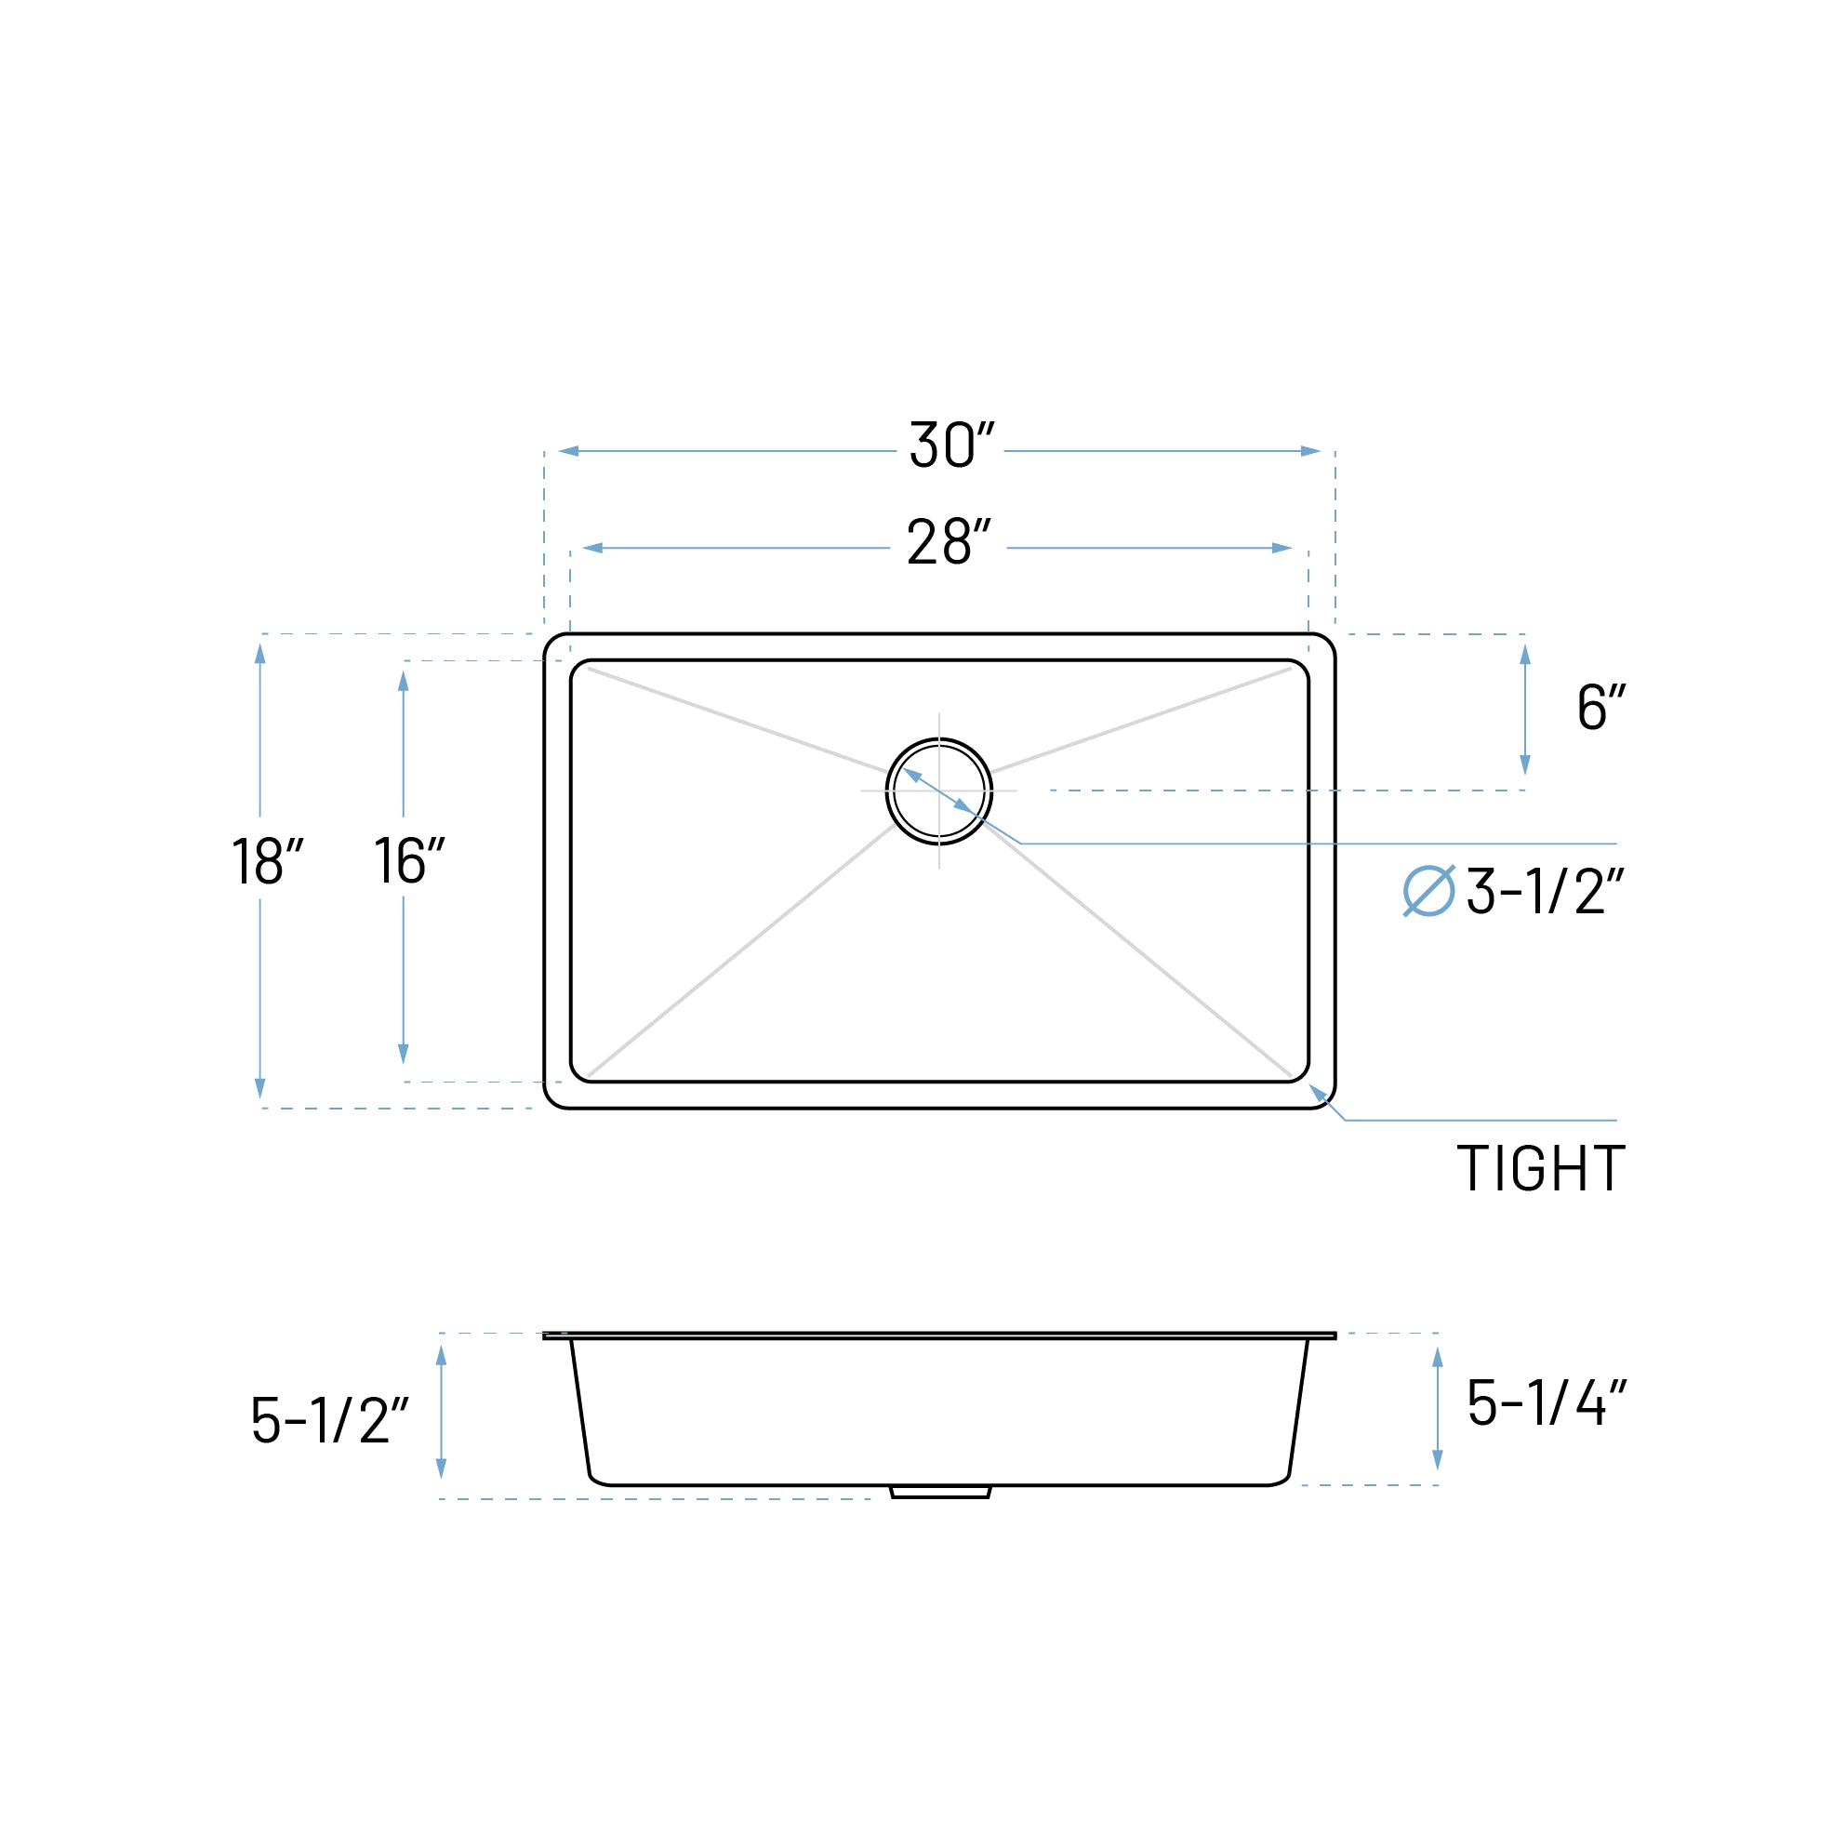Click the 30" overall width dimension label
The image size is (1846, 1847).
coord(951,445)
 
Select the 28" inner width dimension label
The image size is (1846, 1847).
coord(949,542)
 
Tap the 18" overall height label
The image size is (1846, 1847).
coord(267,860)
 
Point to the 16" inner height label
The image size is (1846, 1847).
coord(409,860)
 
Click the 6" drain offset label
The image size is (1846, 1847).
coord(1601,707)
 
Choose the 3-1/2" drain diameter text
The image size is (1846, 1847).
coord(1545,891)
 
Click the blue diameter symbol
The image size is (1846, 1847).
coord(1428,891)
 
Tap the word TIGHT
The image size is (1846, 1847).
coord(1540,1167)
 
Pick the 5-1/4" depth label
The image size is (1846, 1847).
coord(1546,1402)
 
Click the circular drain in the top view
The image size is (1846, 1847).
coord(938,791)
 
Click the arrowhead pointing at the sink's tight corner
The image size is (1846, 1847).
coord(1319,1093)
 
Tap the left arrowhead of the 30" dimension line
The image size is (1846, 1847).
coord(569,451)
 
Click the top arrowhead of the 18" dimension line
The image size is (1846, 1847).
coord(260,654)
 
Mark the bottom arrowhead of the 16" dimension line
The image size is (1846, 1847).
coord(404,1053)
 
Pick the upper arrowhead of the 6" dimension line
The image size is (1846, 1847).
coord(1525,655)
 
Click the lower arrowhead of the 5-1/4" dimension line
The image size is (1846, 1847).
coord(1437,1459)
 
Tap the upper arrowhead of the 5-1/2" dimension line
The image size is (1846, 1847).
coord(441,1356)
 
